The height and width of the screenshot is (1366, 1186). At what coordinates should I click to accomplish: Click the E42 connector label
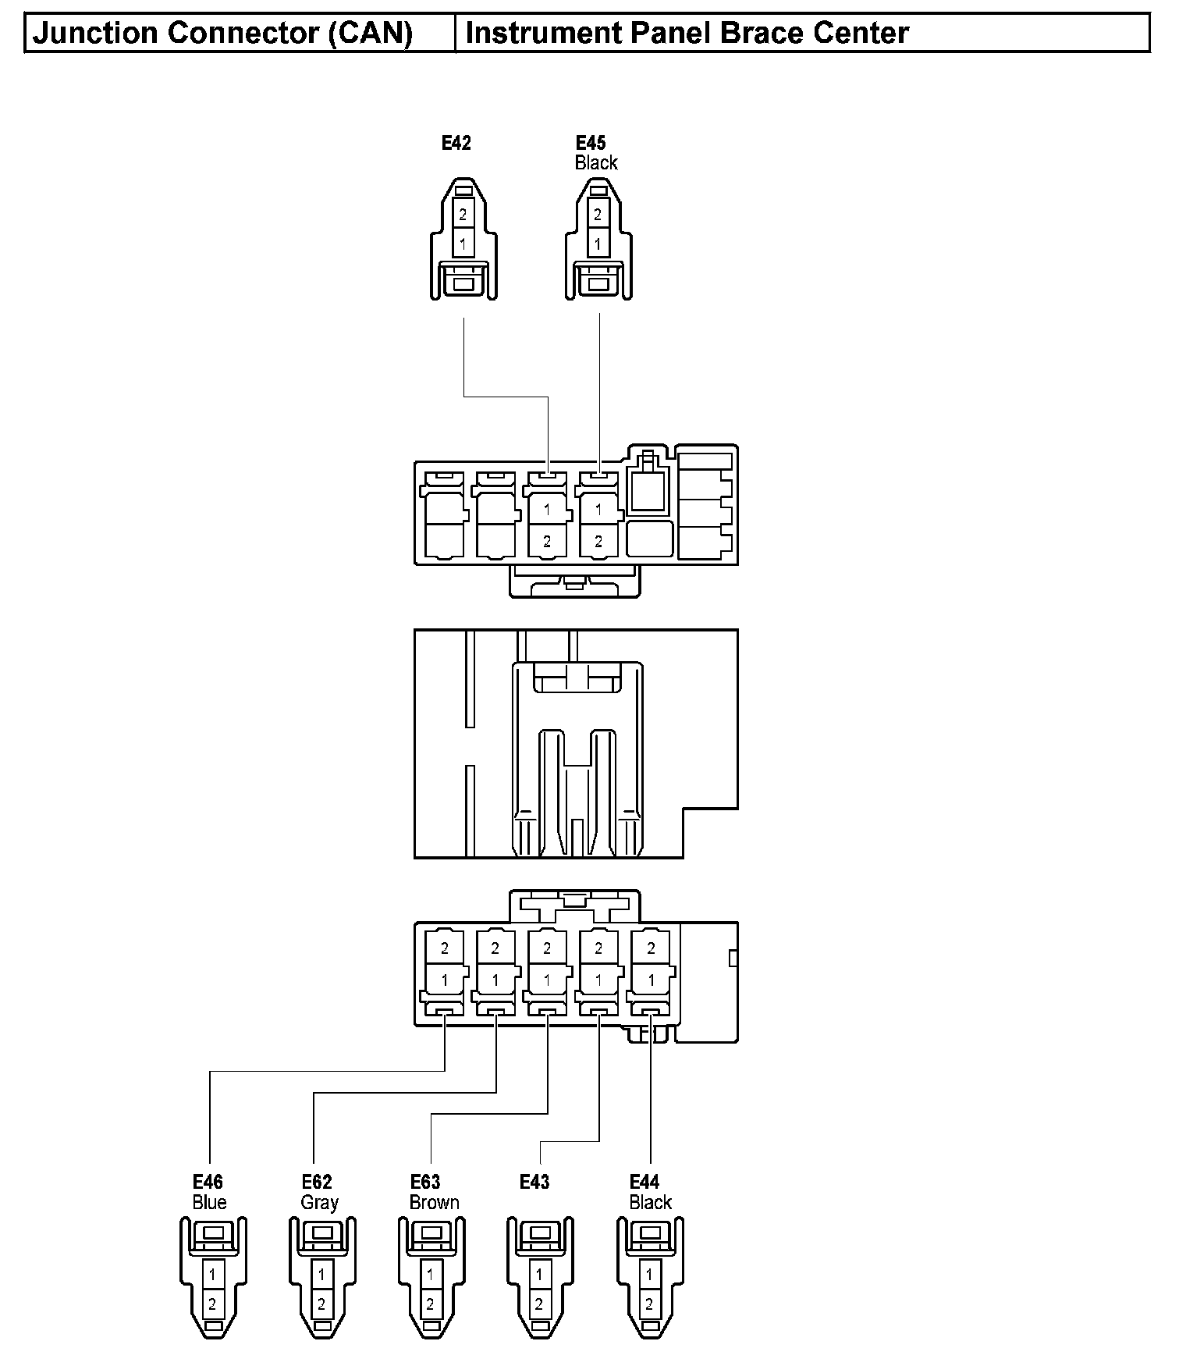click(x=456, y=143)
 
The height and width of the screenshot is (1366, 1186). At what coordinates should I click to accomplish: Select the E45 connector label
click(x=591, y=143)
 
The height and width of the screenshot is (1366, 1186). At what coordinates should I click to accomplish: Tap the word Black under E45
click(x=596, y=162)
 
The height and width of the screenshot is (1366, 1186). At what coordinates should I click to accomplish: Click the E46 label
click(x=208, y=1182)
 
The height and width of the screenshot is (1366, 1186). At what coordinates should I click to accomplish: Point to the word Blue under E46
click(x=209, y=1202)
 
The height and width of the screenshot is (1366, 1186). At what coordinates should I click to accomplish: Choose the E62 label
click(x=317, y=1182)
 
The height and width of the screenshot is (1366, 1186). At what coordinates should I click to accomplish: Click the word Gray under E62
click(x=319, y=1203)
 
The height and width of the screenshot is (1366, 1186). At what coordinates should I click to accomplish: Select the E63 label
click(x=425, y=1182)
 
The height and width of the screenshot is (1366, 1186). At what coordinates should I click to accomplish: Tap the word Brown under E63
click(x=434, y=1202)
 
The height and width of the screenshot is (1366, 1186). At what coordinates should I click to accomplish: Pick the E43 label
click(x=534, y=1182)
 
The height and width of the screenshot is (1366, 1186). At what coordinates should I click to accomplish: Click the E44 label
click(x=644, y=1182)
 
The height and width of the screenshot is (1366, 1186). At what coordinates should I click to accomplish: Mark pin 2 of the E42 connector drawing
click(x=463, y=214)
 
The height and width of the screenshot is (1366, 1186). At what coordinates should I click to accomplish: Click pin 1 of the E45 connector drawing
click(x=598, y=244)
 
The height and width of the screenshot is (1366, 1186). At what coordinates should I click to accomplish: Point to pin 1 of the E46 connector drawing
click(x=212, y=1275)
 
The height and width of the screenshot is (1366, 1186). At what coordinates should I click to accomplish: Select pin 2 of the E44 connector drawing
click(x=649, y=1304)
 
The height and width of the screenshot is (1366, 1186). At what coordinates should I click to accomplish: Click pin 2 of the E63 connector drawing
click(x=430, y=1304)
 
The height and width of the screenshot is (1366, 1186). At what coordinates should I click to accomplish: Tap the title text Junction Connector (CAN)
click(x=222, y=34)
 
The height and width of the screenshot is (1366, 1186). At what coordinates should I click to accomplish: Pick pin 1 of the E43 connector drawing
click(x=539, y=1275)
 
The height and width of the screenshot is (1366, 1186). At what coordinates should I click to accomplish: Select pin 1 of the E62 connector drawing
click(x=321, y=1275)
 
